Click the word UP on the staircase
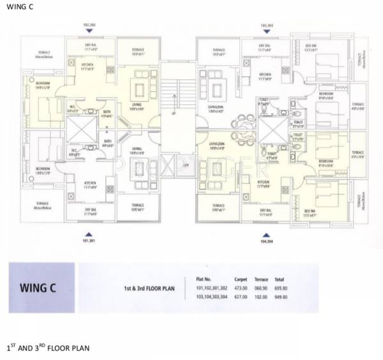coord(173,114)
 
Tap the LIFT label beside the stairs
coord(186,166)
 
